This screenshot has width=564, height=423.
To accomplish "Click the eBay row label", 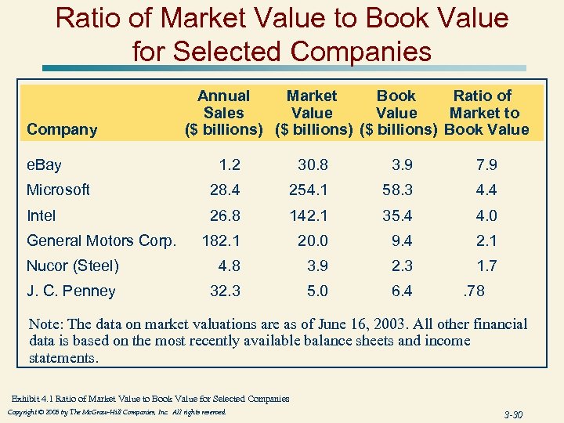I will [x=44, y=164].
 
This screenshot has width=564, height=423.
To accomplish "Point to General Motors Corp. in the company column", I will [x=101, y=240].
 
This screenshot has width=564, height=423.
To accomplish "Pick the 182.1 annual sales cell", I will [x=221, y=240].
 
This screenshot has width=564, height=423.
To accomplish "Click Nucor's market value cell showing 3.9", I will [x=313, y=266].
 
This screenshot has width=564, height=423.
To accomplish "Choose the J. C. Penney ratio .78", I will [x=475, y=291].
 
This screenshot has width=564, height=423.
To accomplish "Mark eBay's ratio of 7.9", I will [x=486, y=164].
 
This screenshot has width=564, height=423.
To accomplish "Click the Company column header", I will [x=62, y=130].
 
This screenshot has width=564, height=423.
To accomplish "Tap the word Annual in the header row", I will [x=223, y=96].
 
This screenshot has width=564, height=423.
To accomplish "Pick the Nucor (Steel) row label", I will [x=73, y=266].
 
